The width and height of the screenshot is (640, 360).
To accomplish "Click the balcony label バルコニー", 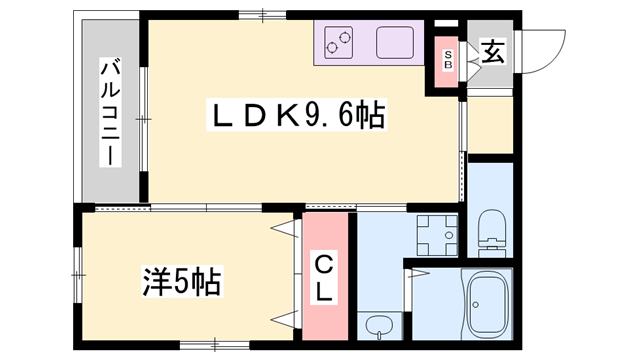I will coord(111,114).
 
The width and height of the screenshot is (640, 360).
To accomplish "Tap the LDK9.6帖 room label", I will coord(295,117).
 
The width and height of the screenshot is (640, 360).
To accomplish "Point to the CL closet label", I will coord(326,280).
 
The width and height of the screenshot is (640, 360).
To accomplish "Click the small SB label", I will coord(448,60).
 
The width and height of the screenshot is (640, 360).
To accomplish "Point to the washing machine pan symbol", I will coord(436,235).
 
